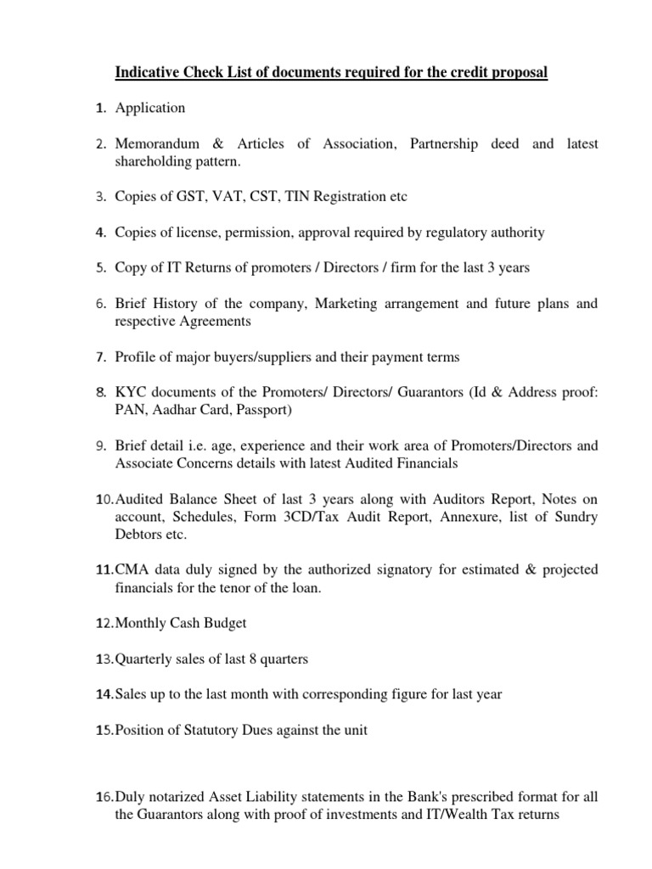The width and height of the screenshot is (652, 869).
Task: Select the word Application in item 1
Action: click(x=150, y=108)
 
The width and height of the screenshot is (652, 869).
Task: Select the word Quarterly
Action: click(x=142, y=659)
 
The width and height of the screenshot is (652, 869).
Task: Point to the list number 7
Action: click(x=99, y=357)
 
